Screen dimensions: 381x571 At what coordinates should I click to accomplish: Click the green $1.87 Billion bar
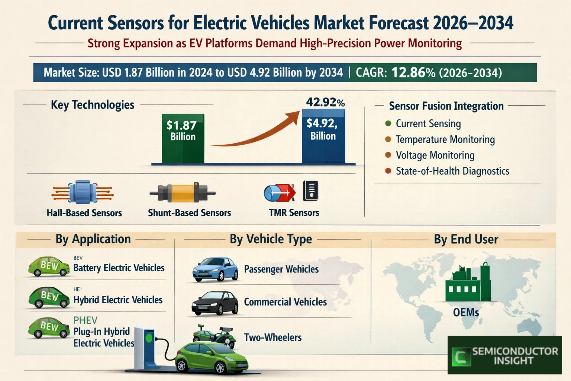[183, 138]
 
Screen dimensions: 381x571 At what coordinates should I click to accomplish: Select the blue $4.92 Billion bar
[323, 136]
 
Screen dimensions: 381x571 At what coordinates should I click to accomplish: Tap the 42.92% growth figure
[325, 102]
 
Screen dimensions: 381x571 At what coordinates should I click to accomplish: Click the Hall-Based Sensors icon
[83, 192]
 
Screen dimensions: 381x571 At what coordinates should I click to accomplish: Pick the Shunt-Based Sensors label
[189, 213]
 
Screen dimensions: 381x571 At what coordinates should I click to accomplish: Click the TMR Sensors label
[294, 213]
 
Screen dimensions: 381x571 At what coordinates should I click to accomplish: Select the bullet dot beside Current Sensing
[388, 124]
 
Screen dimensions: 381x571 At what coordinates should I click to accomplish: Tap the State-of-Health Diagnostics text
[452, 171]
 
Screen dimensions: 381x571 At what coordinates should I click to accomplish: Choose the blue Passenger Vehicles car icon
[215, 269]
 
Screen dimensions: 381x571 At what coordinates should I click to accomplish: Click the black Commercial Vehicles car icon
[215, 302]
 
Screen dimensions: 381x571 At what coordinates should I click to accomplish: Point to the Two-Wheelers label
[272, 337]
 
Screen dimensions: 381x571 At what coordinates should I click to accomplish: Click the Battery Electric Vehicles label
[119, 268]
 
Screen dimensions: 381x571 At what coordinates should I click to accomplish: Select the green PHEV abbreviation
[85, 320]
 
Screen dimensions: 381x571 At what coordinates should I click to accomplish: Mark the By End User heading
[466, 239]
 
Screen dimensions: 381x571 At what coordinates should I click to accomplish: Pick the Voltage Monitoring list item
[435, 155]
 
